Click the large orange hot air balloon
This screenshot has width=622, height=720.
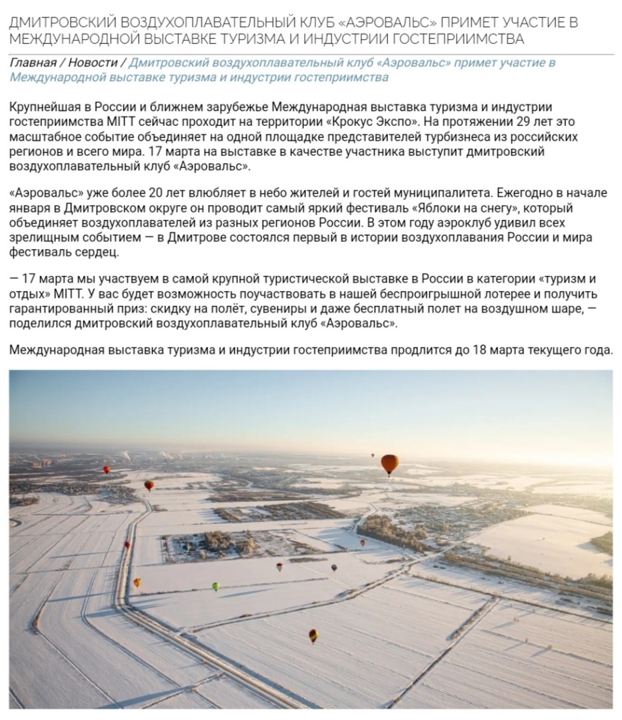pyautogui.click(x=389, y=462)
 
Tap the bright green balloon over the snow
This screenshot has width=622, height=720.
pyautogui.click(x=216, y=586)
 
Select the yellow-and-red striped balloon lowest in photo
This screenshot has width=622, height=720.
pyautogui.click(x=313, y=635)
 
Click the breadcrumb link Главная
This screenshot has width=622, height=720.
pyautogui.click(x=33, y=63)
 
